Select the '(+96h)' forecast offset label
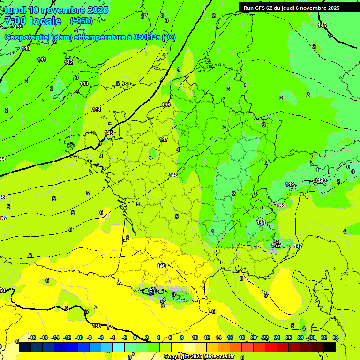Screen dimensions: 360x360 81,21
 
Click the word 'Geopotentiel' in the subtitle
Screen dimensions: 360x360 28,37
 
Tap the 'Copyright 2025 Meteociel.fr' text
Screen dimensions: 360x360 199,356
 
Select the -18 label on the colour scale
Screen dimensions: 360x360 32,337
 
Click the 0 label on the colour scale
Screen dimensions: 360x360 135,337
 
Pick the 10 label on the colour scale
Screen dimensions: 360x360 195,337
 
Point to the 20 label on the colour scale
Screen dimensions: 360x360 254,337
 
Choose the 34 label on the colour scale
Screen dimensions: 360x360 336,337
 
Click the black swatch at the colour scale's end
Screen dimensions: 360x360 330,347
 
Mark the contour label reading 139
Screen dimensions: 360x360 18,27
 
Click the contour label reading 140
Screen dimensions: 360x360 26,48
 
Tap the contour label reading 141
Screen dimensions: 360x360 42,60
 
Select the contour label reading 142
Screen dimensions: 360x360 68,62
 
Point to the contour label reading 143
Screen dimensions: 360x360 84,83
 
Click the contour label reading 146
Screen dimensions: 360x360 166,105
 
